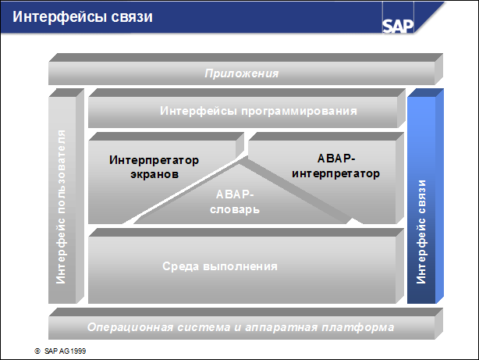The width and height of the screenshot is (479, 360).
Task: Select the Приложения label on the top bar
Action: click(242, 73)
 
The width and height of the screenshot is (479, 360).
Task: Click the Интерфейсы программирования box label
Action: click(258, 111)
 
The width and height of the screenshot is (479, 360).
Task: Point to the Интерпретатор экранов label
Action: click(154, 167)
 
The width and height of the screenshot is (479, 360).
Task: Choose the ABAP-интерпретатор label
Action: click(335, 166)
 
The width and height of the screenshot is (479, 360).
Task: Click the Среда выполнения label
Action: click(220, 266)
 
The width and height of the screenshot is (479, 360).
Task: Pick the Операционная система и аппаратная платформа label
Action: click(241, 326)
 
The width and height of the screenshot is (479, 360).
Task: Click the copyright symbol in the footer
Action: click(37, 351)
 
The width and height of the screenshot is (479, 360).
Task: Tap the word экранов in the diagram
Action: click(154, 174)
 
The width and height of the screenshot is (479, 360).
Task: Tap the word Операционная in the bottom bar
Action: click(124, 326)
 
